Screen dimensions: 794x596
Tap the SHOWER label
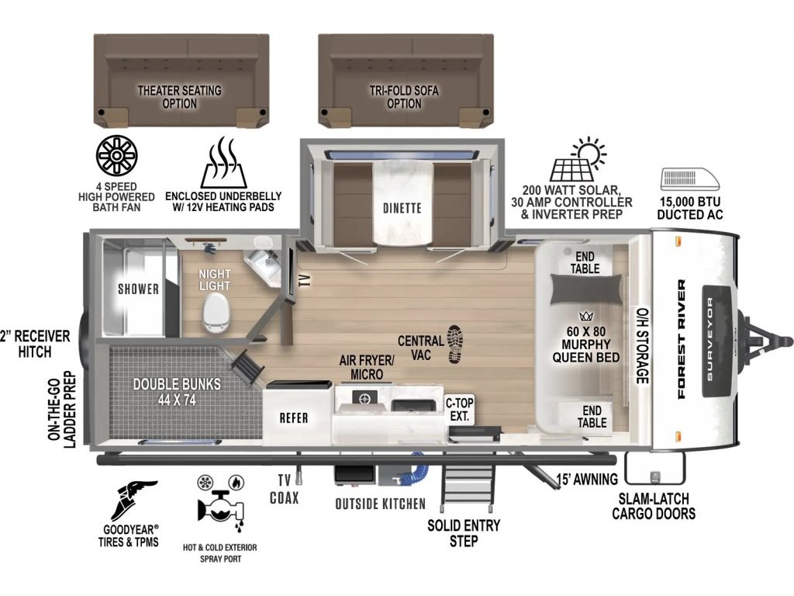pyautogui.click(x=138, y=289)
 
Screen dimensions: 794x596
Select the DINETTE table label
pyautogui.click(x=402, y=208)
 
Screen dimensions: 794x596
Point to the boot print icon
pyautogui.click(x=454, y=345)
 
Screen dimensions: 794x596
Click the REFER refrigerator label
pyautogui.click(x=294, y=418)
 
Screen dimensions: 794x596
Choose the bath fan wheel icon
pyautogui.click(x=117, y=155)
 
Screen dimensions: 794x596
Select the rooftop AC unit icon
pyautogui.click(x=689, y=179)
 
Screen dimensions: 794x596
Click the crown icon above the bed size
pyautogui.click(x=586, y=317)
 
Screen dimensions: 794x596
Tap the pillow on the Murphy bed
pyautogui.click(x=585, y=290)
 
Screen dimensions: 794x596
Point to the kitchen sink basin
pyautogui.click(x=413, y=406)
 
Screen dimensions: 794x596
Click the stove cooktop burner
pyautogui.click(x=364, y=398)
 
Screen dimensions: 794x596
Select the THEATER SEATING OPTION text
pyautogui.click(x=180, y=97)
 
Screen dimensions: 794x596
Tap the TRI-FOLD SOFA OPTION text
pyautogui.click(x=404, y=97)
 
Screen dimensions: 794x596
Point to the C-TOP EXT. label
pyautogui.click(x=459, y=410)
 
